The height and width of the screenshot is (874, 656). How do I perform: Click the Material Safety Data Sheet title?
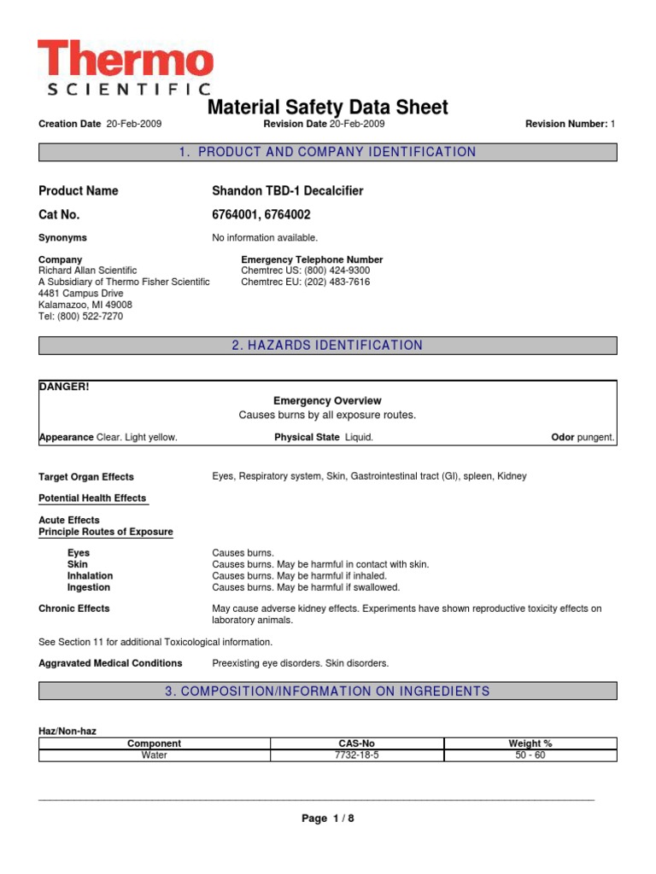[328, 108]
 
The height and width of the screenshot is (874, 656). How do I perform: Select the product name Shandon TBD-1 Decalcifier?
[287, 191]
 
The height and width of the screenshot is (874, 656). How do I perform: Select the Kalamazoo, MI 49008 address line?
[85, 305]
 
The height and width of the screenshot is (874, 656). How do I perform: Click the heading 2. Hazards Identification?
[327, 346]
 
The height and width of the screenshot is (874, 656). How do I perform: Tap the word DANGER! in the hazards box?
[64, 387]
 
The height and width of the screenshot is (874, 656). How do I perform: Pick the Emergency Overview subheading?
[327, 401]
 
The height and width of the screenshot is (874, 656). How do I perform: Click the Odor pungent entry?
[583, 437]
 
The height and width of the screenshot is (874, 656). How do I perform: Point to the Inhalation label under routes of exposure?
[90, 576]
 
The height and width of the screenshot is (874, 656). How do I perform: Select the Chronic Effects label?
[74, 609]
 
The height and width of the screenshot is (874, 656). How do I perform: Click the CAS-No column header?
[357, 744]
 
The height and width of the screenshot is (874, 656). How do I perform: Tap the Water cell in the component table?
[154, 755]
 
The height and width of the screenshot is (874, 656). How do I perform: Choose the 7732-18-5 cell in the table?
[357, 755]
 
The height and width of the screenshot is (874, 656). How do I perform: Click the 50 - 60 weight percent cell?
[530, 755]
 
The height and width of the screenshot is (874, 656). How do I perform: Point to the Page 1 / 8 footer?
[327, 819]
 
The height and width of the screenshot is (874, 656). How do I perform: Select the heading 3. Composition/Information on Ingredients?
[327, 691]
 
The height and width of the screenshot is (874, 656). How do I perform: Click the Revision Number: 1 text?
[570, 125]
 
